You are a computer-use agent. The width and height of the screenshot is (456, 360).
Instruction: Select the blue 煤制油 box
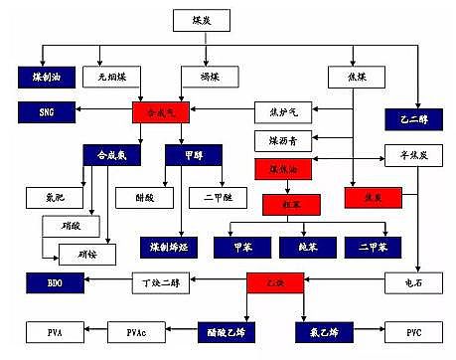(x=44, y=76)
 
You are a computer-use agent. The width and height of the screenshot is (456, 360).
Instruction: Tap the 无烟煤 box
(x=112, y=76)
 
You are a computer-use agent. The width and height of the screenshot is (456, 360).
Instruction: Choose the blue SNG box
(x=45, y=111)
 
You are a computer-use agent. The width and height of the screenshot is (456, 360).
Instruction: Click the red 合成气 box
(x=159, y=111)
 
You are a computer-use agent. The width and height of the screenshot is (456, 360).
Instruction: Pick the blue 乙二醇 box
(x=414, y=117)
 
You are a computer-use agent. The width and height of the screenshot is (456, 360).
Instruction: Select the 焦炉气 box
(x=282, y=111)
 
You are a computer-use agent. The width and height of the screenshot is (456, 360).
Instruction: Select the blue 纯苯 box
(x=298, y=244)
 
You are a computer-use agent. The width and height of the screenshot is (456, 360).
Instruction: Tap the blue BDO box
(x=45, y=284)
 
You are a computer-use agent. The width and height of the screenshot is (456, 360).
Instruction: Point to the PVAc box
(x=140, y=328)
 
